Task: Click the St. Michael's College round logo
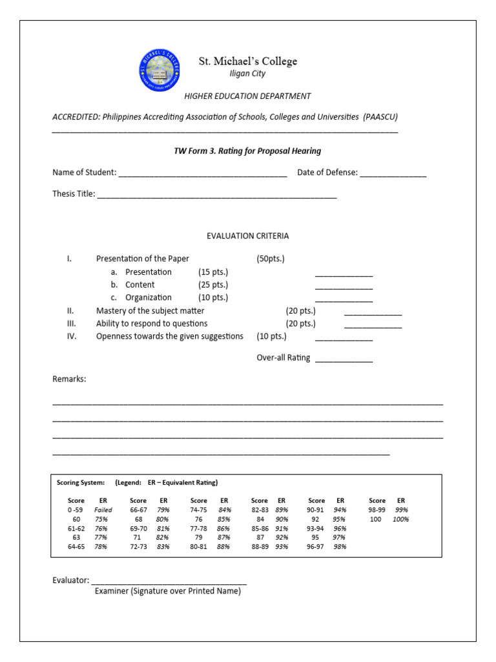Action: coord(158,70)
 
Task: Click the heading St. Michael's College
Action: coord(247,61)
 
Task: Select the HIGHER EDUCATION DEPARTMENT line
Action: coord(247,96)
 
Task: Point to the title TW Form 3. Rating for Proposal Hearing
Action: coord(247,151)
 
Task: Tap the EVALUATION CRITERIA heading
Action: coord(247,236)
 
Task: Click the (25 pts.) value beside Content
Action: coord(213,285)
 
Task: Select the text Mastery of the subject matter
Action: coord(150,311)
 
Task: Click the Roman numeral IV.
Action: coord(72,336)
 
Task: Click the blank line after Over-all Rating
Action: coord(344,359)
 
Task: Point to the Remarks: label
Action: coord(69,379)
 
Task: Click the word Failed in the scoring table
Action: coord(103,510)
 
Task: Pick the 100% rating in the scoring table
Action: coord(401,519)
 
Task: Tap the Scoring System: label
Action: coord(81,483)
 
